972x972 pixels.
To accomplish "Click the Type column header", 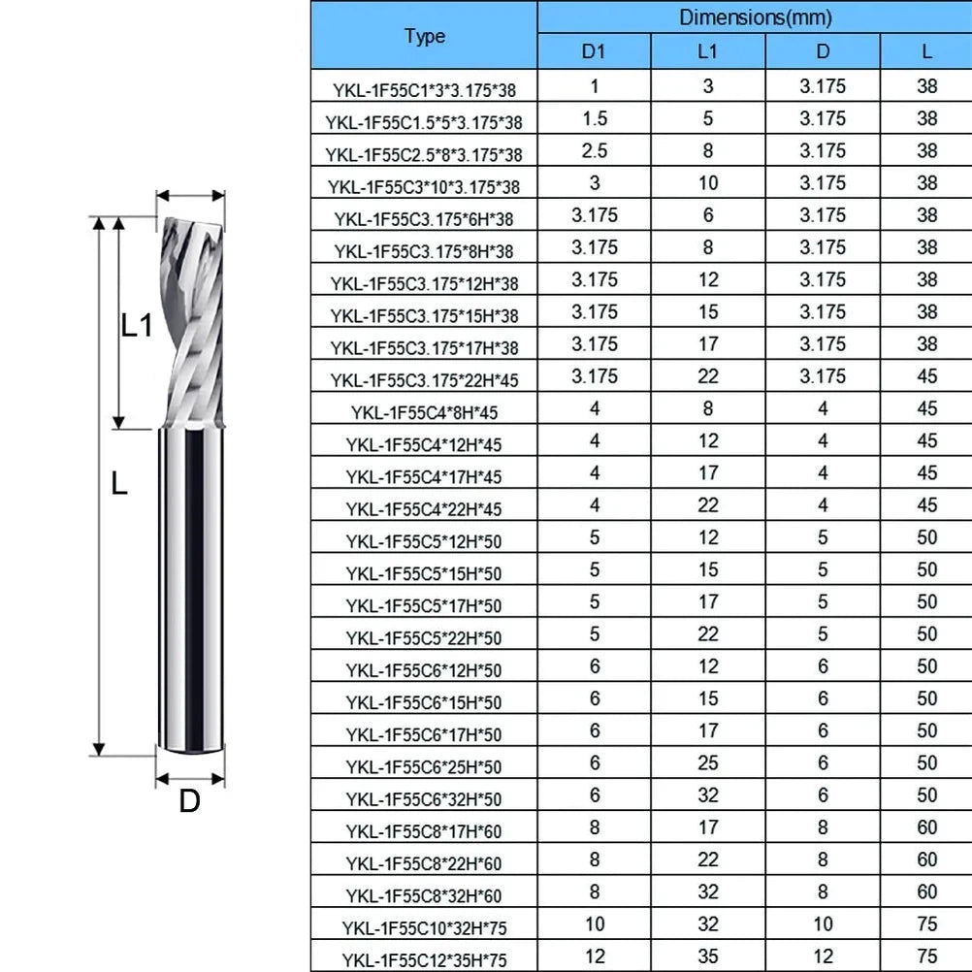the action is [x=425, y=36].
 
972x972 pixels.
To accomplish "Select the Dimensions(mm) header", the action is [x=755, y=17].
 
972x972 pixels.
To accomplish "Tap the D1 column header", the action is [x=594, y=51].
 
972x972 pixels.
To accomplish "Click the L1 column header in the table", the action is [x=707, y=51].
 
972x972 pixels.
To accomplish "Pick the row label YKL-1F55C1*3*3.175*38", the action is [x=424, y=90].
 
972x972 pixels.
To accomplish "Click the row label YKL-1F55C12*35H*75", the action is [x=424, y=960].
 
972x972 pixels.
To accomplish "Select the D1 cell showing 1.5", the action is [x=595, y=118].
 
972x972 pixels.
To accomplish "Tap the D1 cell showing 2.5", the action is [x=595, y=150].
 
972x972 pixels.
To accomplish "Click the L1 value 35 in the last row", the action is [x=708, y=956].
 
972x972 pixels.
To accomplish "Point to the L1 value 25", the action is [x=708, y=762].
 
